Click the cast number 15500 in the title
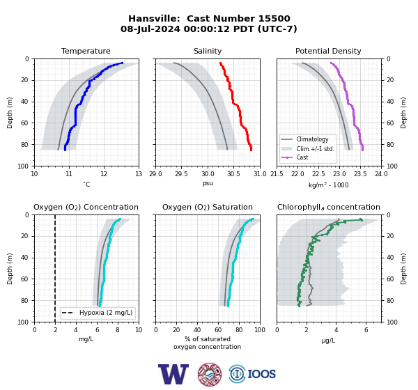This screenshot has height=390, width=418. [x=274, y=19]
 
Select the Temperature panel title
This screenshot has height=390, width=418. [x=86, y=51]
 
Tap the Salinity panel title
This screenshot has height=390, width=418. [x=208, y=51]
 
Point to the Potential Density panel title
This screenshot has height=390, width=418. [x=328, y=51]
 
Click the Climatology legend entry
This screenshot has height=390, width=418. [x=312, y=139]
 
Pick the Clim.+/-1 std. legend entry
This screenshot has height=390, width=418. [x=316, y=149]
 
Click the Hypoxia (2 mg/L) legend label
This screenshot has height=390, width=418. [x=106, y=313]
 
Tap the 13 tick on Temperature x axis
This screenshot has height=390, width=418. [x=139, y=174]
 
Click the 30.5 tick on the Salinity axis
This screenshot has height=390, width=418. [x=233, y=174]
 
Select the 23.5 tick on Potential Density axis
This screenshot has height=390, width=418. [x=360, y=174]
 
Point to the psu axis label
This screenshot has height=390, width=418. [x=208, y=183]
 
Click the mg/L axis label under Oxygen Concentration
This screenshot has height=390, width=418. [x=86, y=339]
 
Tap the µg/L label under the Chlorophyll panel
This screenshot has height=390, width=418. [x=328, y=341]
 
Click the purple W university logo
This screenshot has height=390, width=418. [x=173, y=374]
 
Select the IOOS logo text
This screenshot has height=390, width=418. [x=261, y=374]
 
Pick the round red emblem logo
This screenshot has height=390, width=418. [x=210, y=374]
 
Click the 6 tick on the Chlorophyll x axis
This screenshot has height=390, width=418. [x=366, y=330]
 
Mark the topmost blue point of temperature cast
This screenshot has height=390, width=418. [x=122, y=63]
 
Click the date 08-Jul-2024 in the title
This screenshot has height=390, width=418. [x=150, y=29]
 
